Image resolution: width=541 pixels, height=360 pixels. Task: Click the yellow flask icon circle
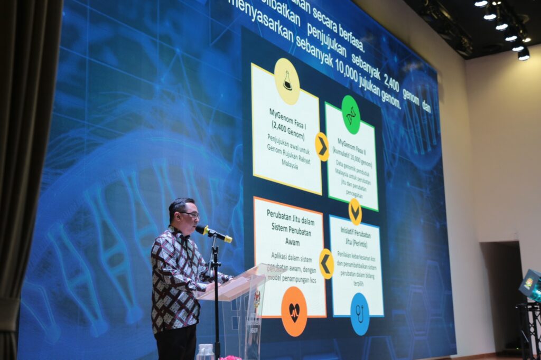287,81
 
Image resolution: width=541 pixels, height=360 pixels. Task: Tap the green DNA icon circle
350,115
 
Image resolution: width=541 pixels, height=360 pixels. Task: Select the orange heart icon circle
294,311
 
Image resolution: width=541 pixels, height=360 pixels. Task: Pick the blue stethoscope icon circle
360,314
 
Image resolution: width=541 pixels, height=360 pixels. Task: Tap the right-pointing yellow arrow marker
322,147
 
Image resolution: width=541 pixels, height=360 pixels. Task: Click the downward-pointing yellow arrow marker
355,211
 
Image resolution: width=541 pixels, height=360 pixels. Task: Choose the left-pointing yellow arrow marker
327,263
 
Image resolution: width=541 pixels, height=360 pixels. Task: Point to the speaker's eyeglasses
190,214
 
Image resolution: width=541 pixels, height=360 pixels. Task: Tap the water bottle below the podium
206,352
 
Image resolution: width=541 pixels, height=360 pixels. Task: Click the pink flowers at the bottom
230,357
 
